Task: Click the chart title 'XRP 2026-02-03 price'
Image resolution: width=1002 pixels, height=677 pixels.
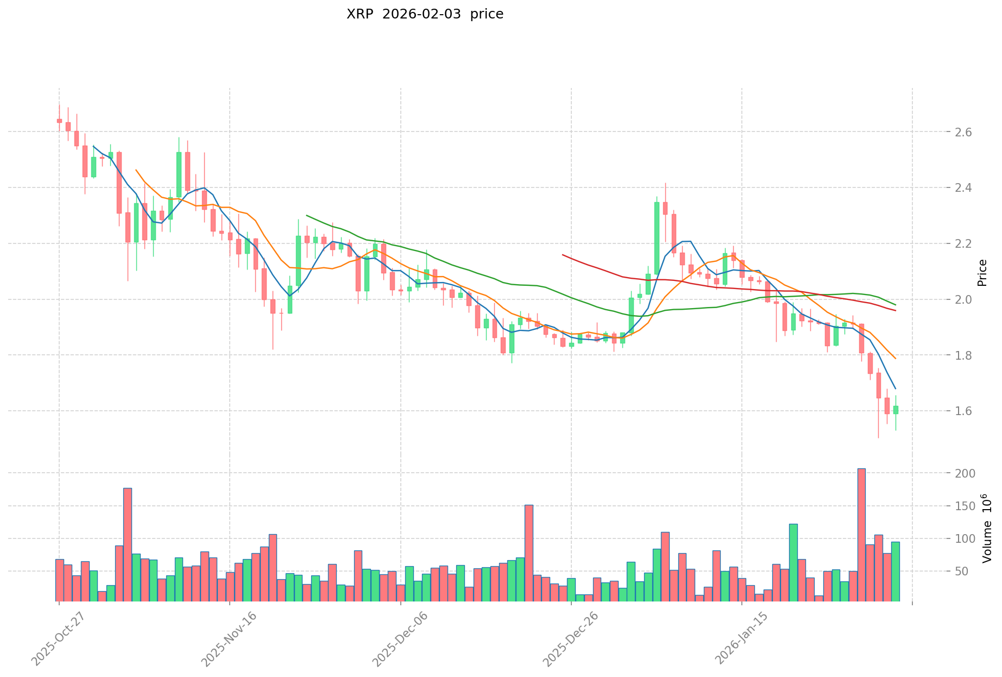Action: pyautogui.click(x=425, y=15)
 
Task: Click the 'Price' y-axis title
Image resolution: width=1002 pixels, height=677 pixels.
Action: pyautogui.click(x=982, y=273)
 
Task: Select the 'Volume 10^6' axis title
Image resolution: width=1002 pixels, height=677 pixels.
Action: pyautogui.click(x=986, y=528)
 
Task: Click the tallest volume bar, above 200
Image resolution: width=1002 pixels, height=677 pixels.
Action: pyautogui.click(x=861, y=535)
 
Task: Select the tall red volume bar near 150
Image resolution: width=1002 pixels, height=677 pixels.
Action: pyautogui.click(x=528, y=553)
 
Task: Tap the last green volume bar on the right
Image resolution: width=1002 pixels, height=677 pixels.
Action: pyautogui.click(x=896, y=571)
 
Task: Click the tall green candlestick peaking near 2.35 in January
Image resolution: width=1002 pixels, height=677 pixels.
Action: pyautogui.click(x=657, y=238)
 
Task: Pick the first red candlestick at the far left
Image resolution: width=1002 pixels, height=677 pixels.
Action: pyautogui.click(x=59, y=121)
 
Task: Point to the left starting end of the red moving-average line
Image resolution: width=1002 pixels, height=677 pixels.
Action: pyautogui.click(x=563, y=254)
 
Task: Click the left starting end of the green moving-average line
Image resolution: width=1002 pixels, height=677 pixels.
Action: pyautogui.click(x=307, y=216)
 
